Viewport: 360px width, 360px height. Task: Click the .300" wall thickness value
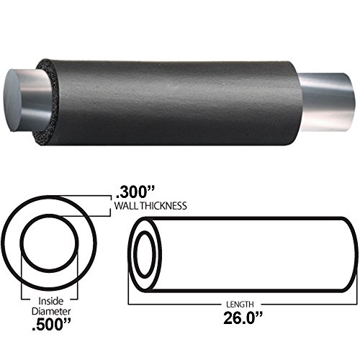click(x=135, y=192)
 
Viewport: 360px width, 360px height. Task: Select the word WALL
click(x=127, y=206)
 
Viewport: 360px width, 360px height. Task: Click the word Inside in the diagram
click(x=51, y=301)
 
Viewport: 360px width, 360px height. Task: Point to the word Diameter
click(x=51, y=311)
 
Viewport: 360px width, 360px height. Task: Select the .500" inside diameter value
click(x=51, y=325)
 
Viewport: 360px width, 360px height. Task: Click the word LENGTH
click(x=240, y=305)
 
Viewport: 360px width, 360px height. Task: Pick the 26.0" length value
click(x=243, y=318)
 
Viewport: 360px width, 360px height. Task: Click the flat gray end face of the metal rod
click(x=12, y=100)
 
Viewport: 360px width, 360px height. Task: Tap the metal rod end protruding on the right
click(x=326, y=102)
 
